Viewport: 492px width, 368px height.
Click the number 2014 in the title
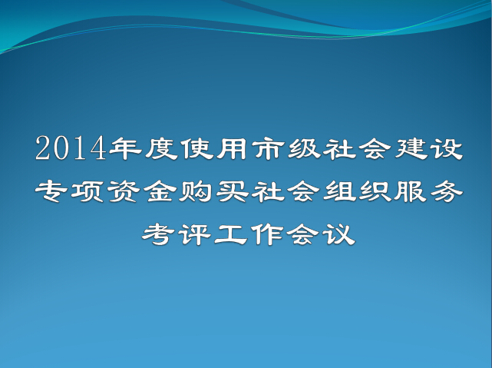coord(71,148)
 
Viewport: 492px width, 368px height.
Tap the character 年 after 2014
coord(125,148)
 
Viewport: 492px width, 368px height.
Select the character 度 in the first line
coord(162,148)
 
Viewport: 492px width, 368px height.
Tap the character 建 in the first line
coord(411,148)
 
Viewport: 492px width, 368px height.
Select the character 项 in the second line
coord(87,191)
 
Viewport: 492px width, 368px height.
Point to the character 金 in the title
coord(159,191)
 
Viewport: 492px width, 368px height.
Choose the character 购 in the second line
coord(195,191)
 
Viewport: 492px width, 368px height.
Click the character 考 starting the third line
coord(159,234)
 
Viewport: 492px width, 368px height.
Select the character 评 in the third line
coord(195,234)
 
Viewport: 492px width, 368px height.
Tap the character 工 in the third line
coord(231,234)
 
